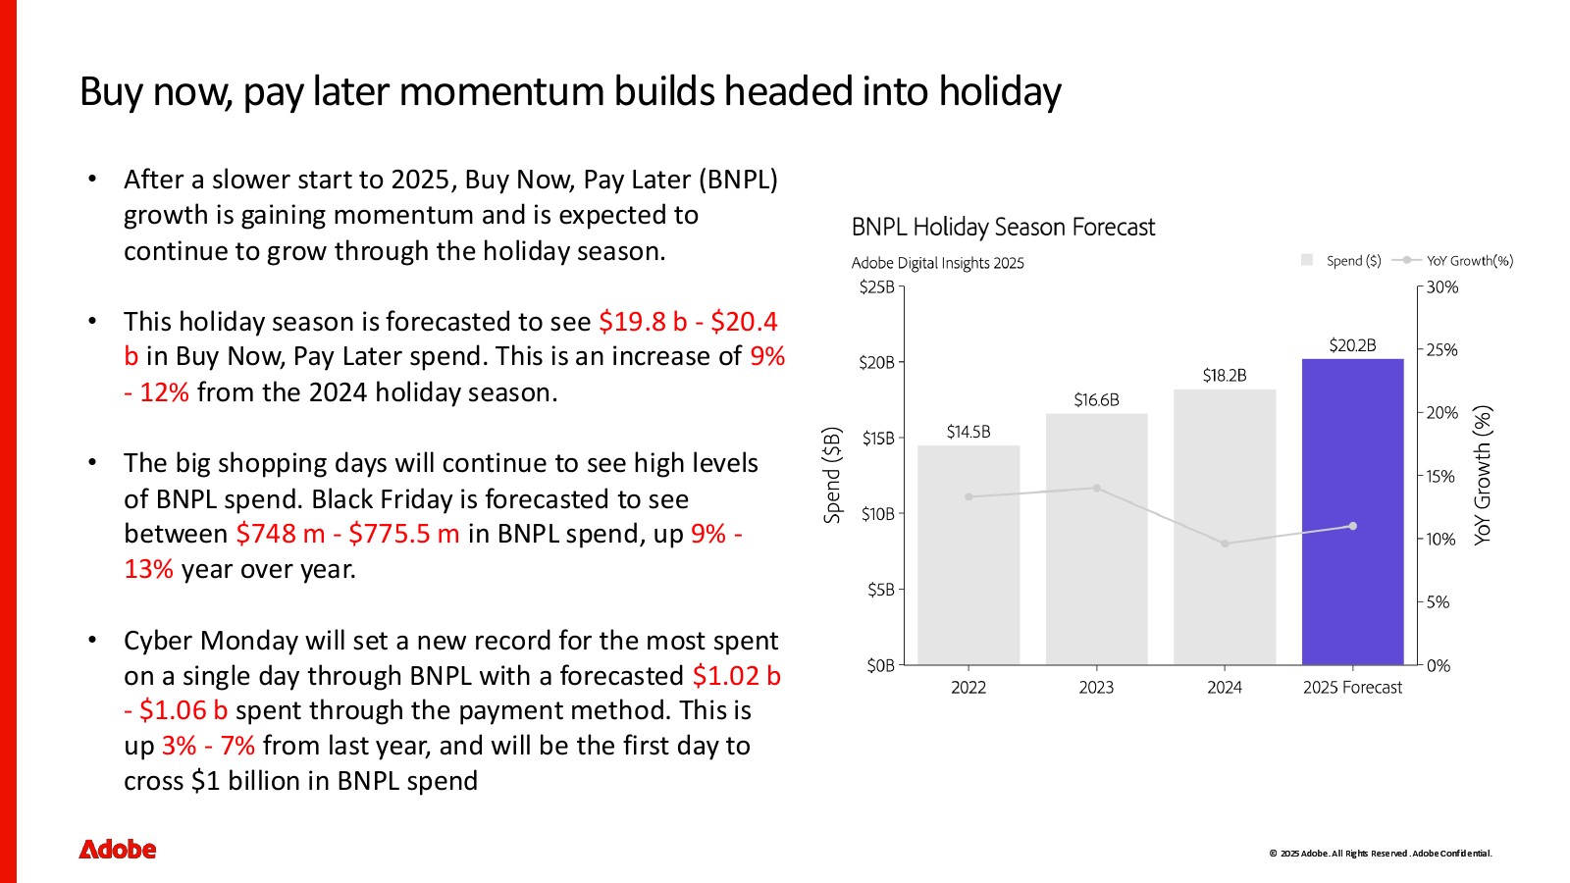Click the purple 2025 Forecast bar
point(1353,511)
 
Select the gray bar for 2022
point(968,555)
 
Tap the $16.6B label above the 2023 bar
point(1096,400)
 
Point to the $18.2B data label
point(1225,376)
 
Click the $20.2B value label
point(1353,345)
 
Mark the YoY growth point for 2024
point(1225,544)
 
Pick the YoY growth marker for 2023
point(1097,489)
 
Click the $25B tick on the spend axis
point(877,287)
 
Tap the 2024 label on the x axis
point(1225,688)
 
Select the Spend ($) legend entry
point(1340,261)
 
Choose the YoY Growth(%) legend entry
point(1453,261)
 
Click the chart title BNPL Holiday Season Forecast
point(1003,227)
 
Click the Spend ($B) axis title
point(832,475)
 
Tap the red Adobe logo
point(117,850)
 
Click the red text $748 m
point(281,534)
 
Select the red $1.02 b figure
point(737,676)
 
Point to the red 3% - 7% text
point(208,746)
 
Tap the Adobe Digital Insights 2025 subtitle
point(938,264)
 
